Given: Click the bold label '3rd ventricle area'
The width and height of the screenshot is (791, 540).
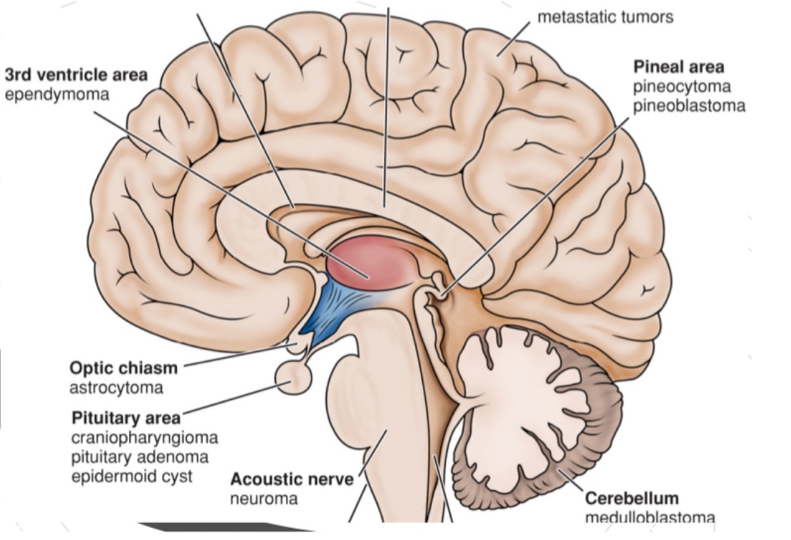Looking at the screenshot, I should click(x=76, y=75).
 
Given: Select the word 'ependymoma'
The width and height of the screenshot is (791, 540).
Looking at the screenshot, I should click(x=57, y=94).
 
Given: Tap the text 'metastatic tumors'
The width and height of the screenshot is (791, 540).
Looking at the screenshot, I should click(x=605, y=17).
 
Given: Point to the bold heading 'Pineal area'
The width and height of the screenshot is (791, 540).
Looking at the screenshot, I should click(x=678, y=66).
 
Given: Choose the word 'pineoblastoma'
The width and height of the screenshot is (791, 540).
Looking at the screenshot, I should click(x=688, y=106).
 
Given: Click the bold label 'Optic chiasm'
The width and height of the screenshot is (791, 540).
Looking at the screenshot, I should click(x=123, y=368).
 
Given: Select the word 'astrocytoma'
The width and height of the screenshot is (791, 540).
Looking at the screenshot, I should click(x=116, y=388).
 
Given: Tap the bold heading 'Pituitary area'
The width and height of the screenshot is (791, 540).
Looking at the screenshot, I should click(x=126, y=418).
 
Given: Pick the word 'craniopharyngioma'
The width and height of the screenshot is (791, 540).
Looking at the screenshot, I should click(x=145, y=438).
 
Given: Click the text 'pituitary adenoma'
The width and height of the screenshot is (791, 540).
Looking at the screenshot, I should click(x=140, y=457).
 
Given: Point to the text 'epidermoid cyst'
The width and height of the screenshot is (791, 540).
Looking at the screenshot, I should click(x=132, y=477).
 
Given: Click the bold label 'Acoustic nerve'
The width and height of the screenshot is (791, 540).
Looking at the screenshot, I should click(x=291, y=478).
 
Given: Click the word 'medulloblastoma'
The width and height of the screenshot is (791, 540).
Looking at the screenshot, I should click(x=649, y=517).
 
